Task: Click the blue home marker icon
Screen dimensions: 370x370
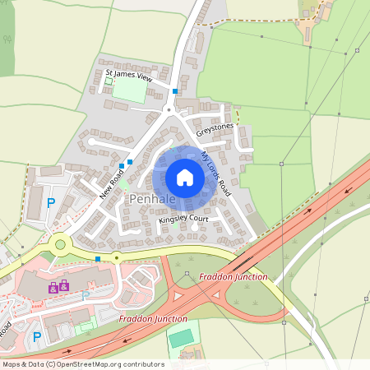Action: click(x=185, y=178)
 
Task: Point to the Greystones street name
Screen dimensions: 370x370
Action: click(x=215, y=130)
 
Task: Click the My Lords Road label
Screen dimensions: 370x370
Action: click(x=216, y=173)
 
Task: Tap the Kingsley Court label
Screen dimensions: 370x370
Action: click(x=183, y=220)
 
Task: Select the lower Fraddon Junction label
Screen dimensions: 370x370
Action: click(x=153, y=317)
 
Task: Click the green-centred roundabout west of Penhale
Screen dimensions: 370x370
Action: click(x=60, y=244)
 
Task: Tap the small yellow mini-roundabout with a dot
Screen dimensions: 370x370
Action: click(x=117, y=257)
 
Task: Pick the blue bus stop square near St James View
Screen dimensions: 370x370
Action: click(x=175, y=90)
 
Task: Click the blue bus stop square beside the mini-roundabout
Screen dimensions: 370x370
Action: click(x=98, y=259)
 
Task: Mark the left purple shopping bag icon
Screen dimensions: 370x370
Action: click(x=53, y=288)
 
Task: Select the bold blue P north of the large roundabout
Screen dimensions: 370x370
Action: click(x=50, y=202)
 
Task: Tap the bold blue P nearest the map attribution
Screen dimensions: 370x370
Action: click(x=35, y=336)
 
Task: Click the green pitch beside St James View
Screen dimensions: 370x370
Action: click(x=130, y=90)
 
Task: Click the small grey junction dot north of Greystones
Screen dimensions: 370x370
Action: click(x=168, y=109)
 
